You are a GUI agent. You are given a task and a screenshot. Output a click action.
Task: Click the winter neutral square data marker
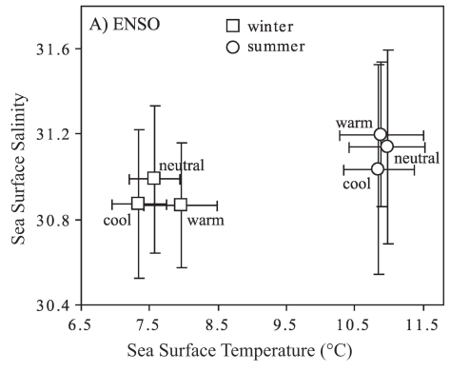(154, 178)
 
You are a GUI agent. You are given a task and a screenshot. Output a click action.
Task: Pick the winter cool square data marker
(138, 203)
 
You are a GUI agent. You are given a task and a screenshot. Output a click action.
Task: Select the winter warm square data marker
(181, 204)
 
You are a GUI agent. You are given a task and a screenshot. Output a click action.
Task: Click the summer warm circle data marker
(381, 134)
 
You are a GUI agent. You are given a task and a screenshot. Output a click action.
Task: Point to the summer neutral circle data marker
(387, 146)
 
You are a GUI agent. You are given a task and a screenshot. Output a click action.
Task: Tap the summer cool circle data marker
(378, 168)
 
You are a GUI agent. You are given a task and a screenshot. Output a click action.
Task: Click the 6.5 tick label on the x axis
(80, 324)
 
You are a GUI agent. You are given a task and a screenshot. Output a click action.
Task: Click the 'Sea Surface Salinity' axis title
(19, 167)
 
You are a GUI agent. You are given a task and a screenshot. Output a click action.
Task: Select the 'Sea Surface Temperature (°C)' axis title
(248, 352)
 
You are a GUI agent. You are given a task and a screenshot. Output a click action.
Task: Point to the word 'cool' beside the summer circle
(357, 185)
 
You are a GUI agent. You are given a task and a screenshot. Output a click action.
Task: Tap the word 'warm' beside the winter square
(205, 221)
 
